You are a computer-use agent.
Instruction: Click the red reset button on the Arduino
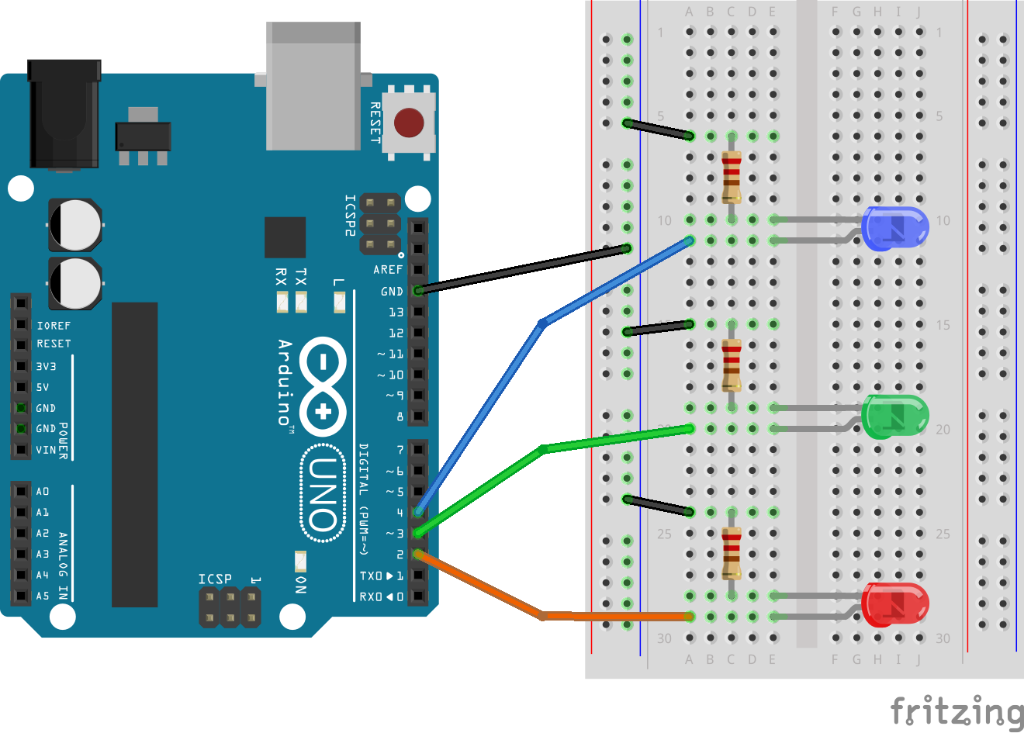[x=409, y=123]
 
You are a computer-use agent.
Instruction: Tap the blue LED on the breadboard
[x=894, y=228]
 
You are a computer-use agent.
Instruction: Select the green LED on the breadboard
[x=894, y=417]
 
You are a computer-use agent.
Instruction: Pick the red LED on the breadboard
[x=894, y=604]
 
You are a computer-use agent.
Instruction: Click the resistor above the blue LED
[x=732, y=178]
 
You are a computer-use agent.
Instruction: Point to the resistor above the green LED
[x=732, y=365]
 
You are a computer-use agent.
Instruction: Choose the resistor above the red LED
[x=732, y=554]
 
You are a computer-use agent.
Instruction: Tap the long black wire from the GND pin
[x=524, y=269]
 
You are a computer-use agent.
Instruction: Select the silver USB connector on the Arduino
[x=313, y=86]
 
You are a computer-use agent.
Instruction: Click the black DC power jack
[x=64, y=114]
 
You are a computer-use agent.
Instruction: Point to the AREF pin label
[x=388, y=270]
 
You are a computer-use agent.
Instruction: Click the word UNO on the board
[x=323, y=493]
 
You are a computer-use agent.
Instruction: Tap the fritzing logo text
[x=957, y=711]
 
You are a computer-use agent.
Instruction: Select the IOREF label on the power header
[x=54, y=326]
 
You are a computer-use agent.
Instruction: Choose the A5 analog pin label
[x=43, y=596]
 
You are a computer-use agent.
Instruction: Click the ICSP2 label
[x=350, y=216]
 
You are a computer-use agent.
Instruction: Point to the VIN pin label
[x=46, y=450]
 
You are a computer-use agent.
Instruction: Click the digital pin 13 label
[x=396, y=312]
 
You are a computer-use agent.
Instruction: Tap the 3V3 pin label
[x=47, y=366]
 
